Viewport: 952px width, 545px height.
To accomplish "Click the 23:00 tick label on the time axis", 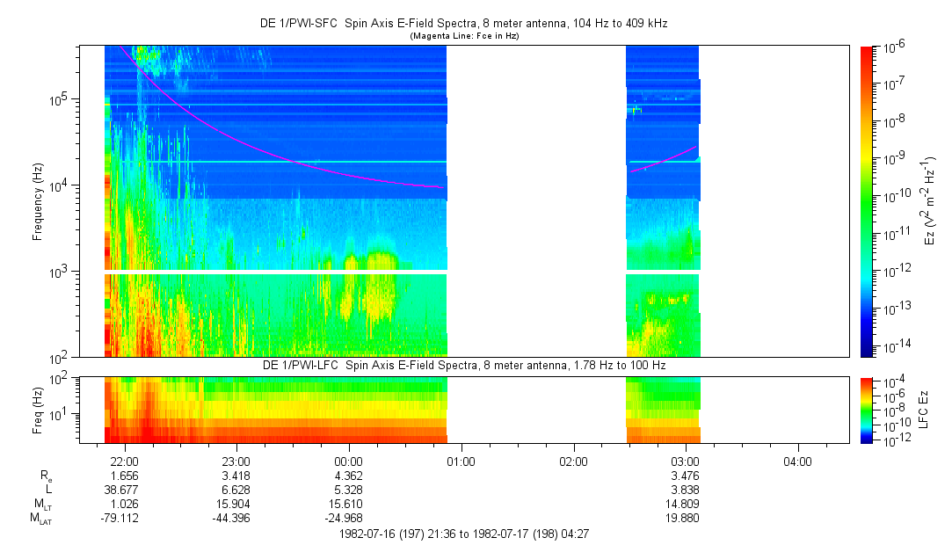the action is [236, 461].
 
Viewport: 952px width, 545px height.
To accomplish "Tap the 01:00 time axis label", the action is [461, 461].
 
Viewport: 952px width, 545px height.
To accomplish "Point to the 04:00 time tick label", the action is [797, 461].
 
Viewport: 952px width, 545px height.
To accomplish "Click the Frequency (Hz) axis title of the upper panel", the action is [38, 201].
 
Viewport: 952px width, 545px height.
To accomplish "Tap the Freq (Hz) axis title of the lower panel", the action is [38, 411].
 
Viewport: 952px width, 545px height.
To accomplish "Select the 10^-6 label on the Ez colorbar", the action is [894, 47].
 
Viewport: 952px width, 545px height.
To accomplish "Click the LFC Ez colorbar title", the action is [924, 410].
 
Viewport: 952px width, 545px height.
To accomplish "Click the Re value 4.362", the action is [348, 476].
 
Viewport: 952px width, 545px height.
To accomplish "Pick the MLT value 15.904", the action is [232, 504].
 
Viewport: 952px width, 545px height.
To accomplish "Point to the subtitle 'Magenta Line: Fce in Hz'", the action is [464, 36].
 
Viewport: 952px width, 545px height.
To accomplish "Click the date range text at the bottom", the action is [464, 534].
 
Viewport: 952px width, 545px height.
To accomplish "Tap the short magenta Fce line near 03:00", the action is [663, 160].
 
